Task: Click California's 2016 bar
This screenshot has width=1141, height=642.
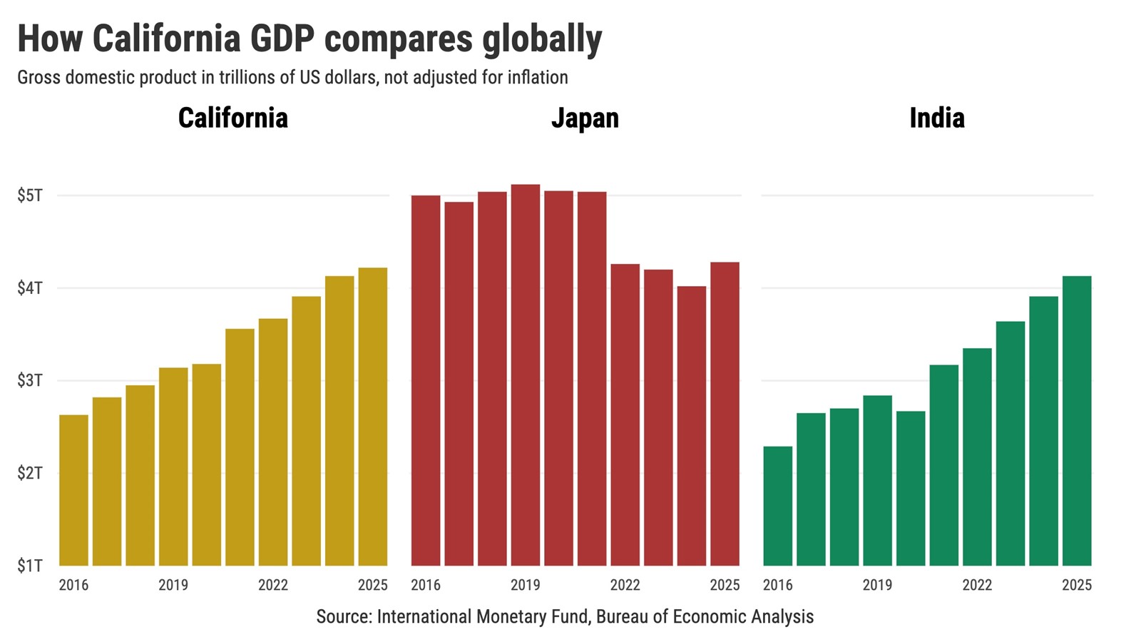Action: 73,491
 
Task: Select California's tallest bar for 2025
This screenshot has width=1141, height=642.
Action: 373,417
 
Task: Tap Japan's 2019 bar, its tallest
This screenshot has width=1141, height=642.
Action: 526,375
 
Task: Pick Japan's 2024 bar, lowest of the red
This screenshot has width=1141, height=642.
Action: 692,427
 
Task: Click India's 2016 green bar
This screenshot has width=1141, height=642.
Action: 777,506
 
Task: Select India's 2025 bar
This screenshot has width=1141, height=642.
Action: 1077,421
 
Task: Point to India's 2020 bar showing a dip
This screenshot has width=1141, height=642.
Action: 911,489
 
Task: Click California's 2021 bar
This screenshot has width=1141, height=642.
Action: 240,447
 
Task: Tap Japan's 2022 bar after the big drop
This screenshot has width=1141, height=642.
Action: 625,415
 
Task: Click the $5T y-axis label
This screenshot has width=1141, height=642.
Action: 30,195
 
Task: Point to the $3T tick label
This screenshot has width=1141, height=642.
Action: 30,380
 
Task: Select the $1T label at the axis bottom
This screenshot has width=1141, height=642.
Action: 30,566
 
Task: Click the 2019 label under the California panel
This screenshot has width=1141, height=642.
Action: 173,585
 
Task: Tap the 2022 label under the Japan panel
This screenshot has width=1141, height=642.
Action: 625,585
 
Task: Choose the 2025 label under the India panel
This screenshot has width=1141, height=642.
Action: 1077,585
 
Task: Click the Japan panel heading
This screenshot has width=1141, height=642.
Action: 585,118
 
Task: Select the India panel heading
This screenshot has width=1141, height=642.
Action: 936,118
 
